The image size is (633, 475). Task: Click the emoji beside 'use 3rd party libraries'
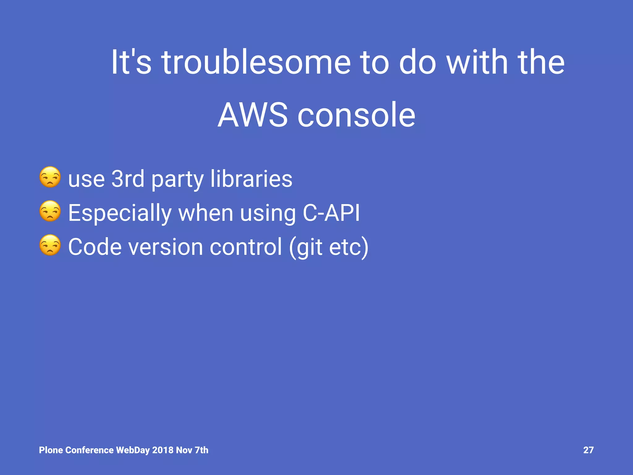pyautogui.click(x=50, y=177)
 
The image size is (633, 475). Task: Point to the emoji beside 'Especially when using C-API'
pyautogui.click(x=50, y=211)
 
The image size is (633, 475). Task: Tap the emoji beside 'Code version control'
pyautogui.click(x=50, y=245)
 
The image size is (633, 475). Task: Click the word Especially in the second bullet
pyautogui.click(x=120, y=213)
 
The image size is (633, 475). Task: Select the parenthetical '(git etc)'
pyautogui.click(x=329, y=247)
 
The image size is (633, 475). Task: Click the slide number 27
pyautogui.click(x=588, y=450)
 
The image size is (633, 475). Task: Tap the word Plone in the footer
pyautogui.click(x=51, y=450)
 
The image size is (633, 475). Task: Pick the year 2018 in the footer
pyautogui.click(x=163, y=450)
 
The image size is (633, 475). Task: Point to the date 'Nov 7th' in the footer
pyautogui.click(x=192, y=450)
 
